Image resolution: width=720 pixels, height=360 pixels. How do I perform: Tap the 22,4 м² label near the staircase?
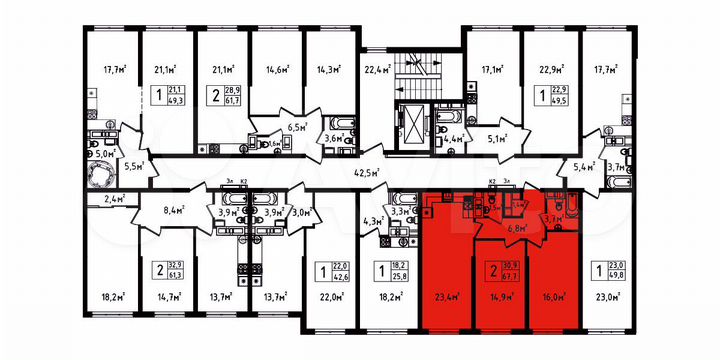point(376,69)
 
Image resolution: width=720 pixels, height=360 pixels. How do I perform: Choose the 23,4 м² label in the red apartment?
point(447,297)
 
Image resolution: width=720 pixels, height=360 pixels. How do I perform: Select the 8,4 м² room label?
point(175,211)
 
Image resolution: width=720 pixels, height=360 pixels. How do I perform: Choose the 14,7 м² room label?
point(168,297)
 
